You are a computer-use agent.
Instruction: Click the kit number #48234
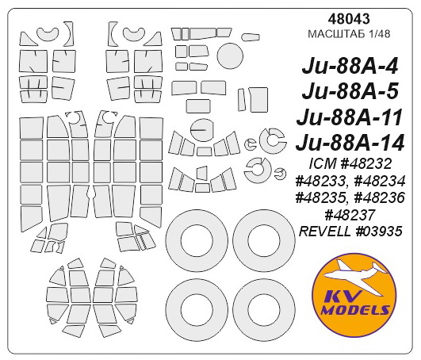[384, 182]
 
